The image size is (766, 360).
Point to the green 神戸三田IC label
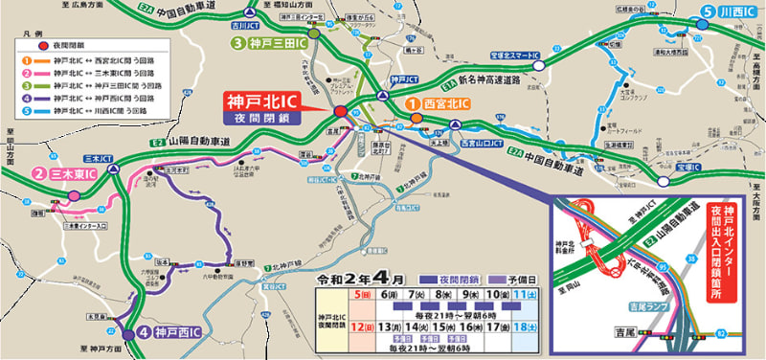(268, 43)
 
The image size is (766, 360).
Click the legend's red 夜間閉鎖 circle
(43, 45)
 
